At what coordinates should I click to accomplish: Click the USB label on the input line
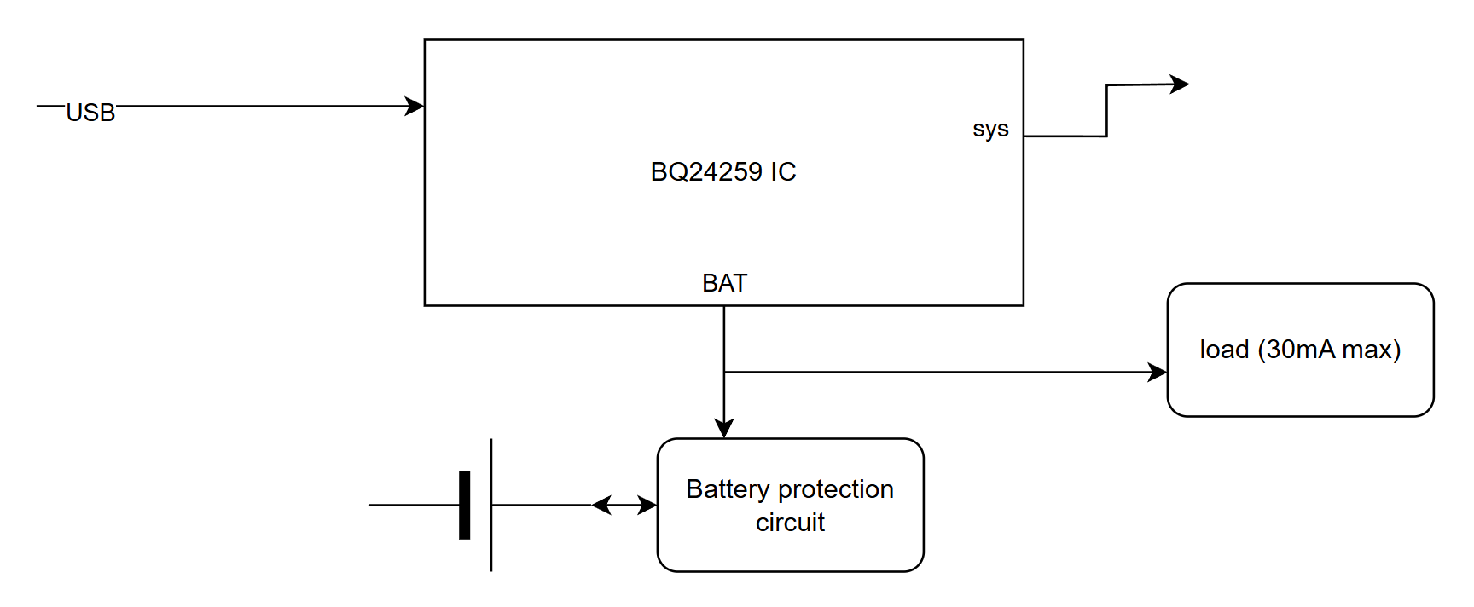point(90,113)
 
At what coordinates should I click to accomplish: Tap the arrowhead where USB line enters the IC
point(415,106)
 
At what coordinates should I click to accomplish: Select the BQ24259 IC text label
point(723,172)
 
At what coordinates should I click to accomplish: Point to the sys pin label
point(990,129)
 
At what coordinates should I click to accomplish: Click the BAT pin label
point(724,283)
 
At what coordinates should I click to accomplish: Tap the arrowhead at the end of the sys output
point(1180,84)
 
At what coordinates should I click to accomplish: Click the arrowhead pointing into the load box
point(1158,372)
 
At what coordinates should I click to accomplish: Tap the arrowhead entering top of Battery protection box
point(724,429)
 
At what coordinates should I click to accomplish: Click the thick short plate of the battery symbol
point(465,505)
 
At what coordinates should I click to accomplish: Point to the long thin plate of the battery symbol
point(491,505)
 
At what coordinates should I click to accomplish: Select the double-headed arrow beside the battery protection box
point(624,505)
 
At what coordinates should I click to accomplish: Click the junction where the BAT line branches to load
point(724,372)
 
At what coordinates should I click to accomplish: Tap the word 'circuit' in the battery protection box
point(790,522)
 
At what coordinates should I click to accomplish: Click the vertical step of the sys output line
point(1106,111)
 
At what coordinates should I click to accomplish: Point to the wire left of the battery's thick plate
point(414,505)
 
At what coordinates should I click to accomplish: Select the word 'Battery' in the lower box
point(728,489)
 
